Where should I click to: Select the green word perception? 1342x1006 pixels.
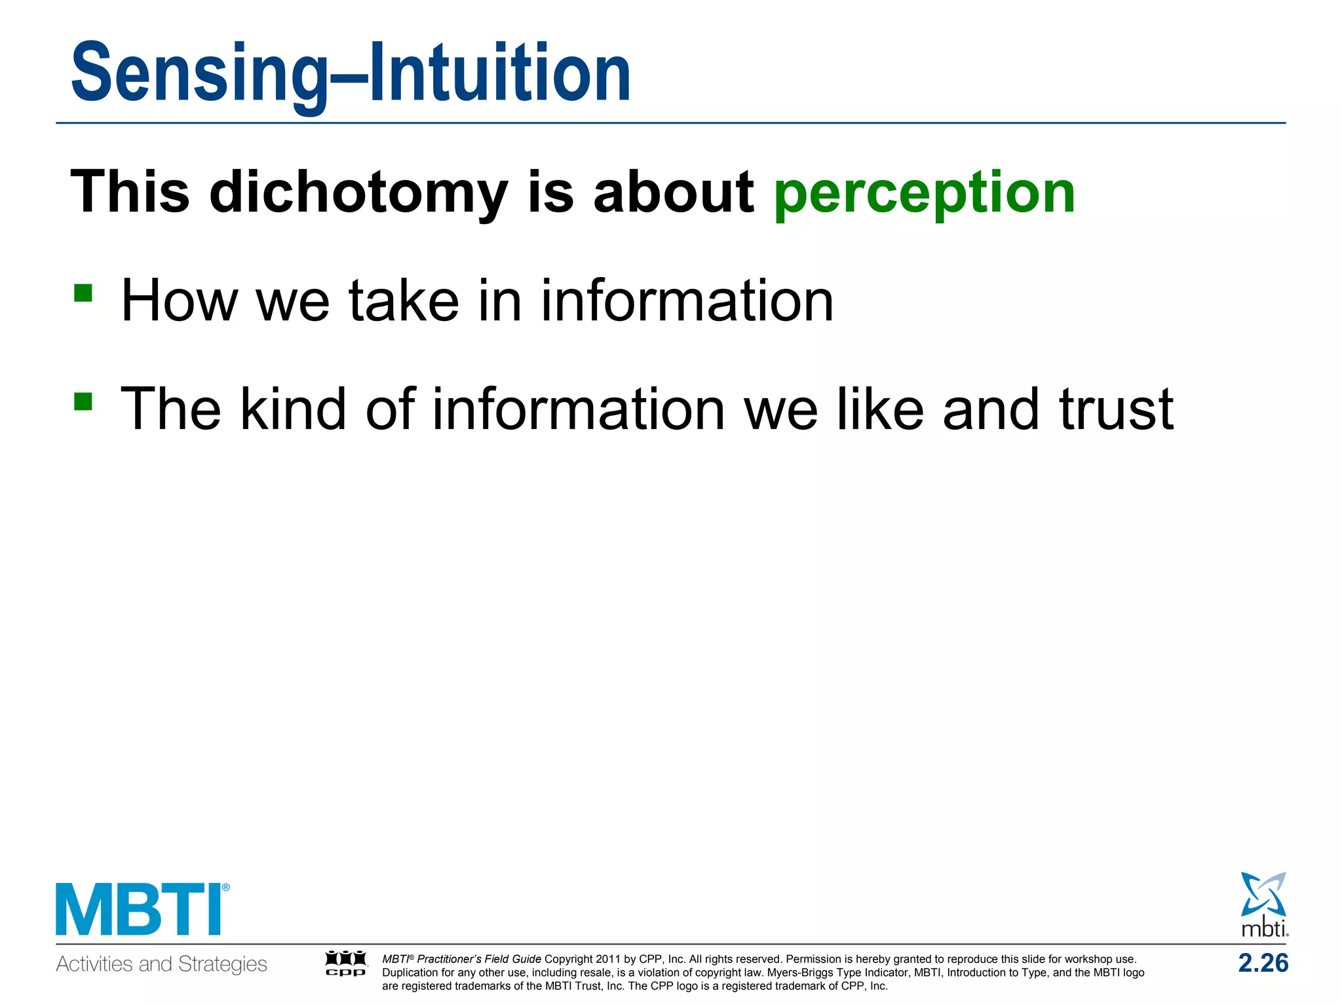[x=924, y=193]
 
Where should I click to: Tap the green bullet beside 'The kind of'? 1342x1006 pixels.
[x=83, y=400]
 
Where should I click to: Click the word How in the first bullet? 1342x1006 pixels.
[x=179, y=301]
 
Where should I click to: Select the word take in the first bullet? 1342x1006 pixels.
[x=404, y=301]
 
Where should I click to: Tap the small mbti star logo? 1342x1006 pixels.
[x=1263, y=904]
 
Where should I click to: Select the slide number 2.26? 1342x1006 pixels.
[x=1263, y=963]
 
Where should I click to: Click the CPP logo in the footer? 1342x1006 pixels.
[x=346, y=963]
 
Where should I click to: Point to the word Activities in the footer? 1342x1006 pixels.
[x=95, y=964]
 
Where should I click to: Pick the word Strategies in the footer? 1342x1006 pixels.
[x=223, y=964]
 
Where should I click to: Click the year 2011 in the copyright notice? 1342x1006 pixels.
[x=607, y=959]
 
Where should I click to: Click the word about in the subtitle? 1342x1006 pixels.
[x=674, y=193]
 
